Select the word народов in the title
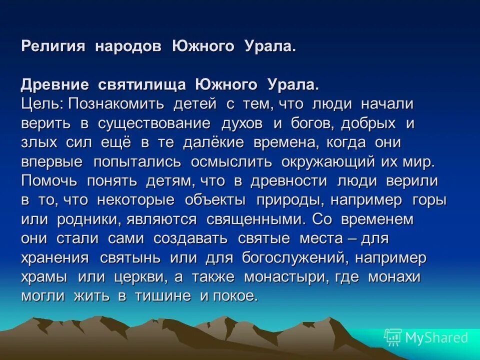pyautogui.click(x=128, y=46)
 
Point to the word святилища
pyautogui.click(x=142, y=84)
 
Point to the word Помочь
pyautogui.click(x=49, y=181)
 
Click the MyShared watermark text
pyautogui.click(x=436, y=337)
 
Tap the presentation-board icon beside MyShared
pyautogui.click(x=393, y=338)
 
